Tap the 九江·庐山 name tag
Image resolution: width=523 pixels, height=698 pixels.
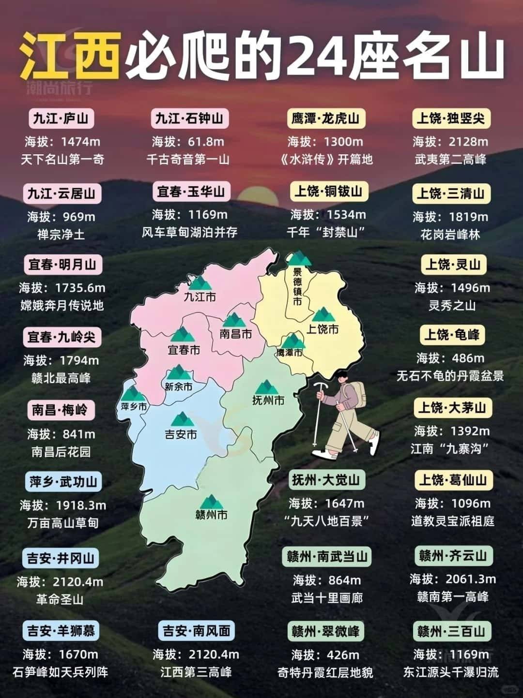[x=61, y=119]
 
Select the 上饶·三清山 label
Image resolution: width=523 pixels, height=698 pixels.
[x=451, y=193]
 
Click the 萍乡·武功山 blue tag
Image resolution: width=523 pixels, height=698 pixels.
[x=63, y=482]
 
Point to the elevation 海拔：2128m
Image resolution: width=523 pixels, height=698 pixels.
[x=450, y=142]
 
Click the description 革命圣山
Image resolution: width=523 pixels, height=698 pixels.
[x=60, y=599]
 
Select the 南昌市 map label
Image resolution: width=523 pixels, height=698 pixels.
[x=235, y=334]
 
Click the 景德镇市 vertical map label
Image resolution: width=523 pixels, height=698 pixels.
[x=297, y=286]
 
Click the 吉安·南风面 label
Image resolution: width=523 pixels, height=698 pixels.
[x=196, y=631]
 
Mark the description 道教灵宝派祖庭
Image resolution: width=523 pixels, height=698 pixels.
[x=452, y=521]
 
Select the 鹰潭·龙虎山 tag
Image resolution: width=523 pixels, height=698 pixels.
[x=325, y=119]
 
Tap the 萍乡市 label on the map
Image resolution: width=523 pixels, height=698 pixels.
[x=134, y=407]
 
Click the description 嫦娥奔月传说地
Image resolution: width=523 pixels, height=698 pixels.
[x=62, y=306]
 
